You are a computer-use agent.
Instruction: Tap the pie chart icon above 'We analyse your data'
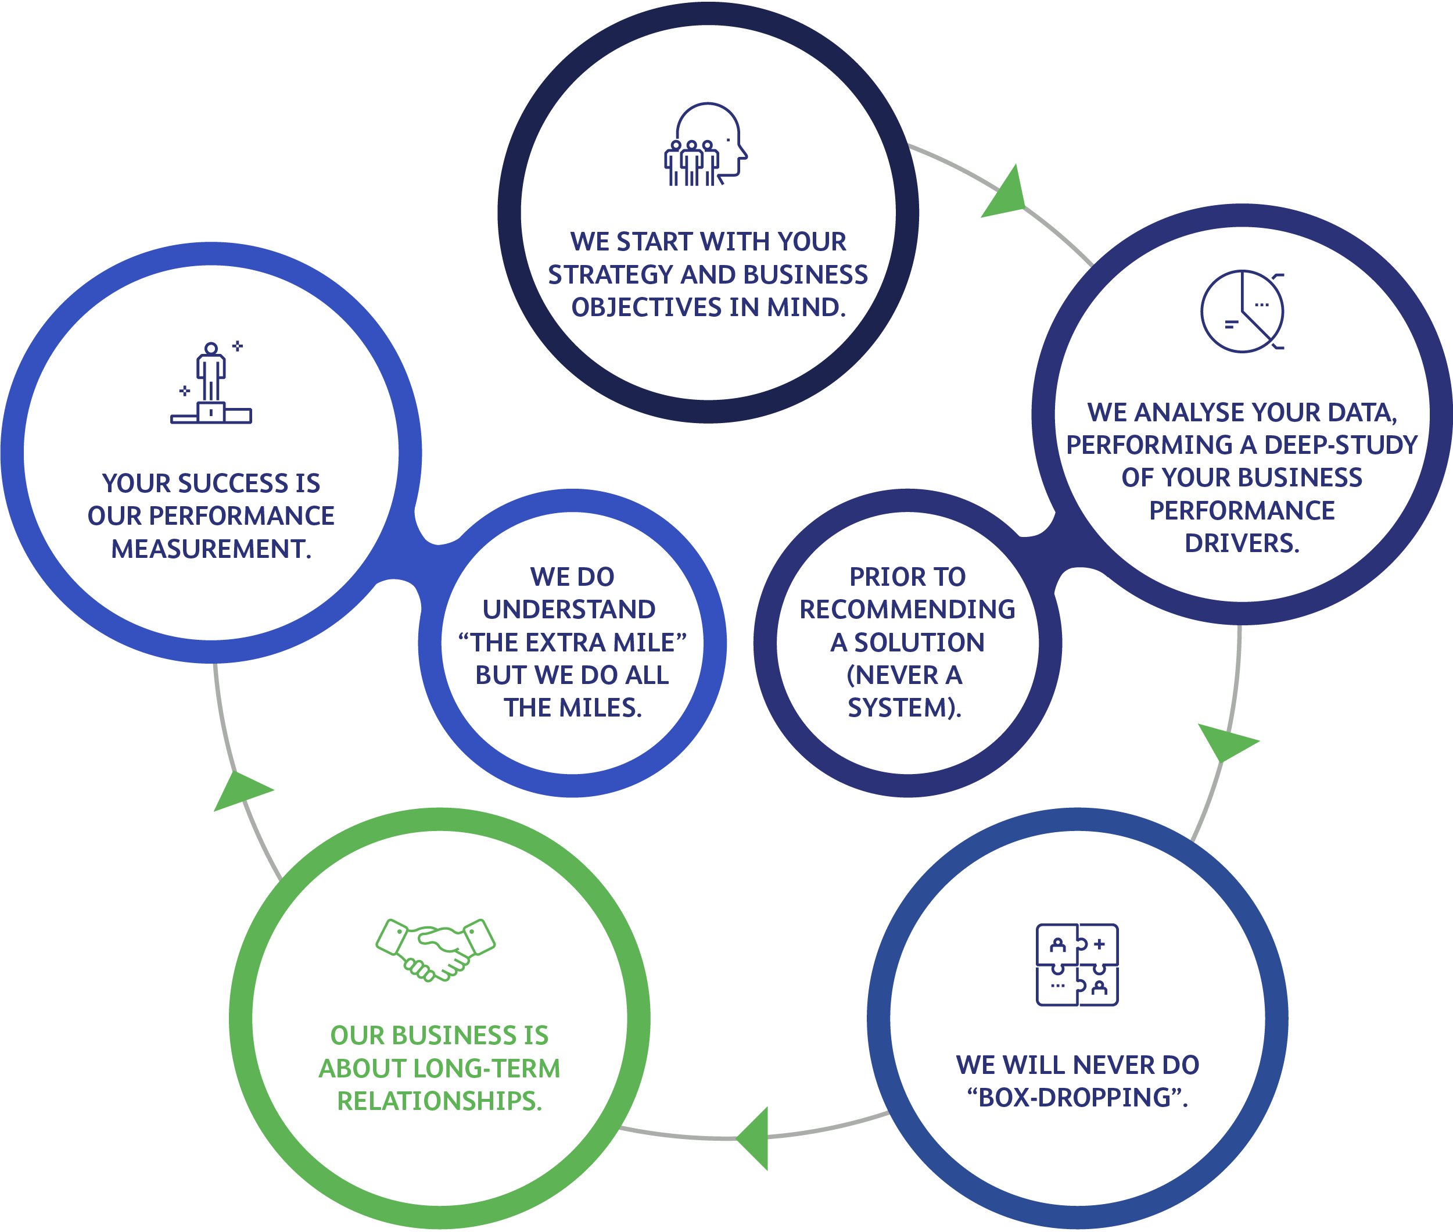[1242, 311]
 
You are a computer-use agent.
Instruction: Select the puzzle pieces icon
[1077, 965]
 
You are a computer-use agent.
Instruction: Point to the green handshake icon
[435, 949]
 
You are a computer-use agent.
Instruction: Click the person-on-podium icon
[211, 384]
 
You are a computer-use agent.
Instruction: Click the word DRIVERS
[1242, 543]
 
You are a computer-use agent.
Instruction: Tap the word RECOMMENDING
[907, 610]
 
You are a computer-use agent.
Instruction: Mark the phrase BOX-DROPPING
[1076, 1097]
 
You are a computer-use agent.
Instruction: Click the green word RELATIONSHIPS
[439, 1101]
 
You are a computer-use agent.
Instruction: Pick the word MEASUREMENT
[211, 549]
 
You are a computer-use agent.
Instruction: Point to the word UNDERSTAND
[569, 610]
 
